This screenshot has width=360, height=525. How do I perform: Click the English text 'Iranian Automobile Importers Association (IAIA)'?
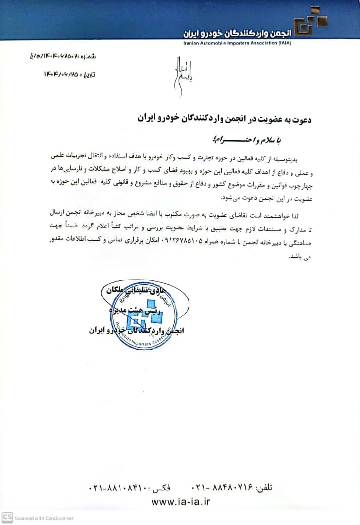(238, 43)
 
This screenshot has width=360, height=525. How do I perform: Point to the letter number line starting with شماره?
(63, 56)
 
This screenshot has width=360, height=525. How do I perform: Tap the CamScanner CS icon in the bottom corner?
(7, 517)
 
